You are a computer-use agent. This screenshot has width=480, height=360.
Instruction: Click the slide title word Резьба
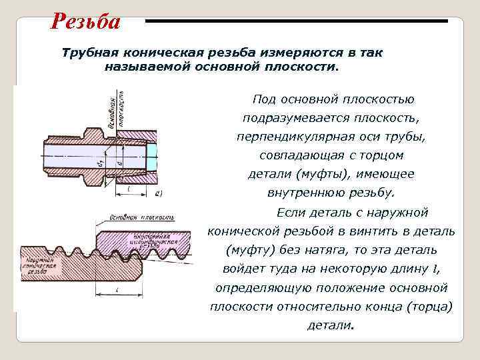pos(85,21)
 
